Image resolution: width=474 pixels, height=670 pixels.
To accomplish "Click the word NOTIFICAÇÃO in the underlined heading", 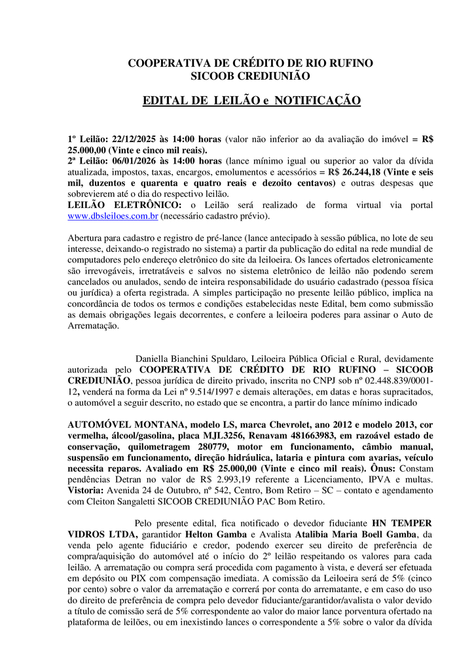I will (318, 101).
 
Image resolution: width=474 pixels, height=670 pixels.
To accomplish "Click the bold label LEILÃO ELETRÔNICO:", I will (117, 205).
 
